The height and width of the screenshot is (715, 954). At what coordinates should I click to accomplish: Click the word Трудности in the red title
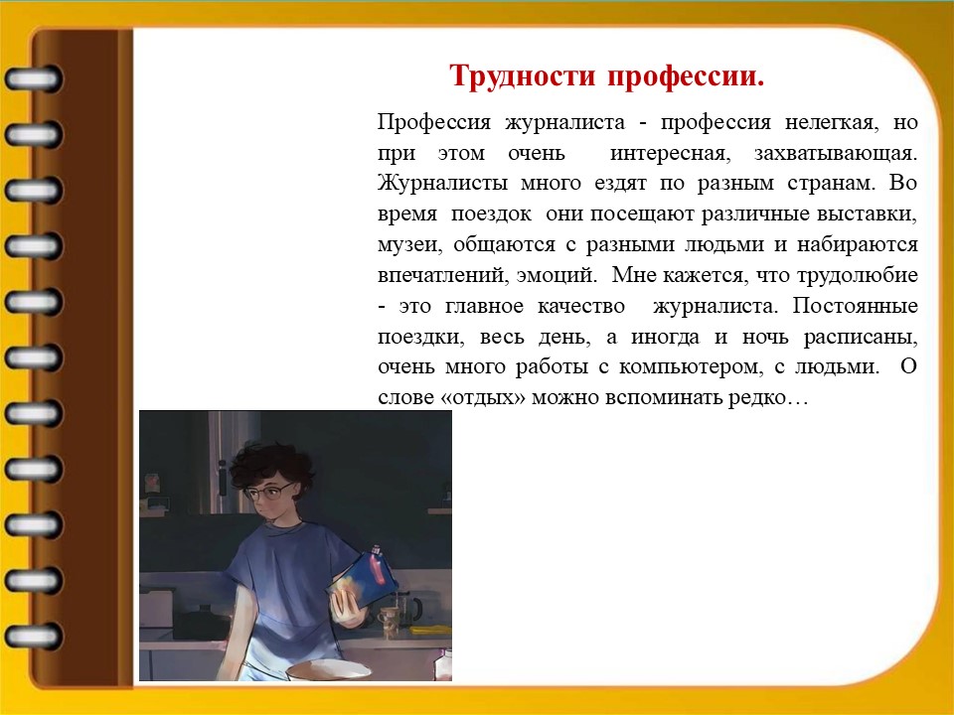point(522,76)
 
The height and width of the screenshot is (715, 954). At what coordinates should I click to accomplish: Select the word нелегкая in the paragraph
point(832,123)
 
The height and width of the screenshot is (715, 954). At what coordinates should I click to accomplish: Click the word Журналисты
point(442,184)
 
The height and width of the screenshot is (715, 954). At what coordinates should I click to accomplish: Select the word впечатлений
point(442,275)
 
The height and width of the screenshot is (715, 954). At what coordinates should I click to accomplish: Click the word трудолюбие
point(858,275)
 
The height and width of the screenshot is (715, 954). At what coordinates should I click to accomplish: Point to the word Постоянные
point(855,305)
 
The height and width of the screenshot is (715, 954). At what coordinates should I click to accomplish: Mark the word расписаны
point(861,337)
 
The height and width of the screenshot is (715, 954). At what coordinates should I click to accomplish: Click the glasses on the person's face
point(269,492)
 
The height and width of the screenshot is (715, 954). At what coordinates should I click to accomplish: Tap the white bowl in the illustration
point(328,670)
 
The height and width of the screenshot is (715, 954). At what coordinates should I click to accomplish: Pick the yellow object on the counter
point(430,631)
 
